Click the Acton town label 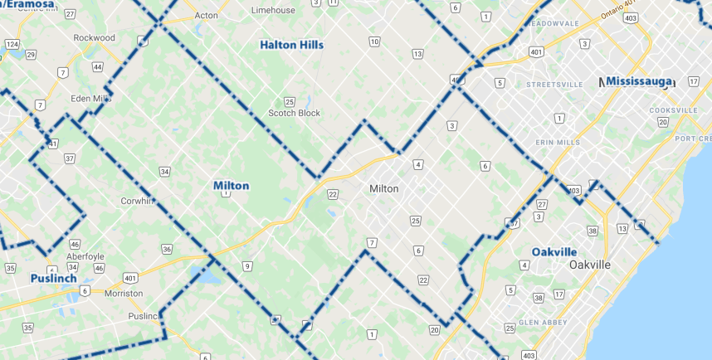[x=205, y=16]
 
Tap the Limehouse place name [x=273, y=11]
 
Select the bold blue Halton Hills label [x=291, y=45]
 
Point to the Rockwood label [x=94, y=38]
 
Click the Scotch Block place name [x=294, y=113]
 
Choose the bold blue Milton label [x=231, y=186]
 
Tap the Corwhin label [x=138, y=201]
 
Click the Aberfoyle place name [x=86, y=256]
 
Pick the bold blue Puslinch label [x=53, y=279]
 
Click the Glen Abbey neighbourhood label [x=544, y=322]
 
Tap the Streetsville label [x=555, y=85]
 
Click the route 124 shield [x=12, y=43]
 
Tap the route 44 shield [x=98, y=67]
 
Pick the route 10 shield [x=374, y=41]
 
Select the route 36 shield [x=167, y=249]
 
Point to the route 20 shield [x=434, y=330]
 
